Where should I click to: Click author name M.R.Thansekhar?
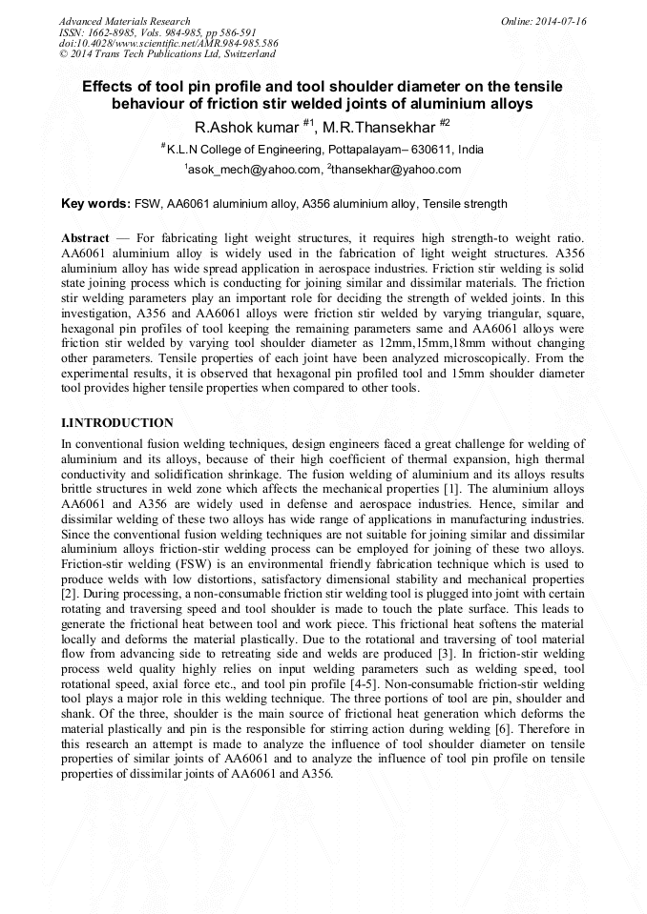tap(376, 127)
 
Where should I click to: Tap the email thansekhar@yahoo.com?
tap(384, 170)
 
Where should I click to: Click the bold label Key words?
tap(95, 204)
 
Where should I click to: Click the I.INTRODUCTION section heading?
tap(116, 422)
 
